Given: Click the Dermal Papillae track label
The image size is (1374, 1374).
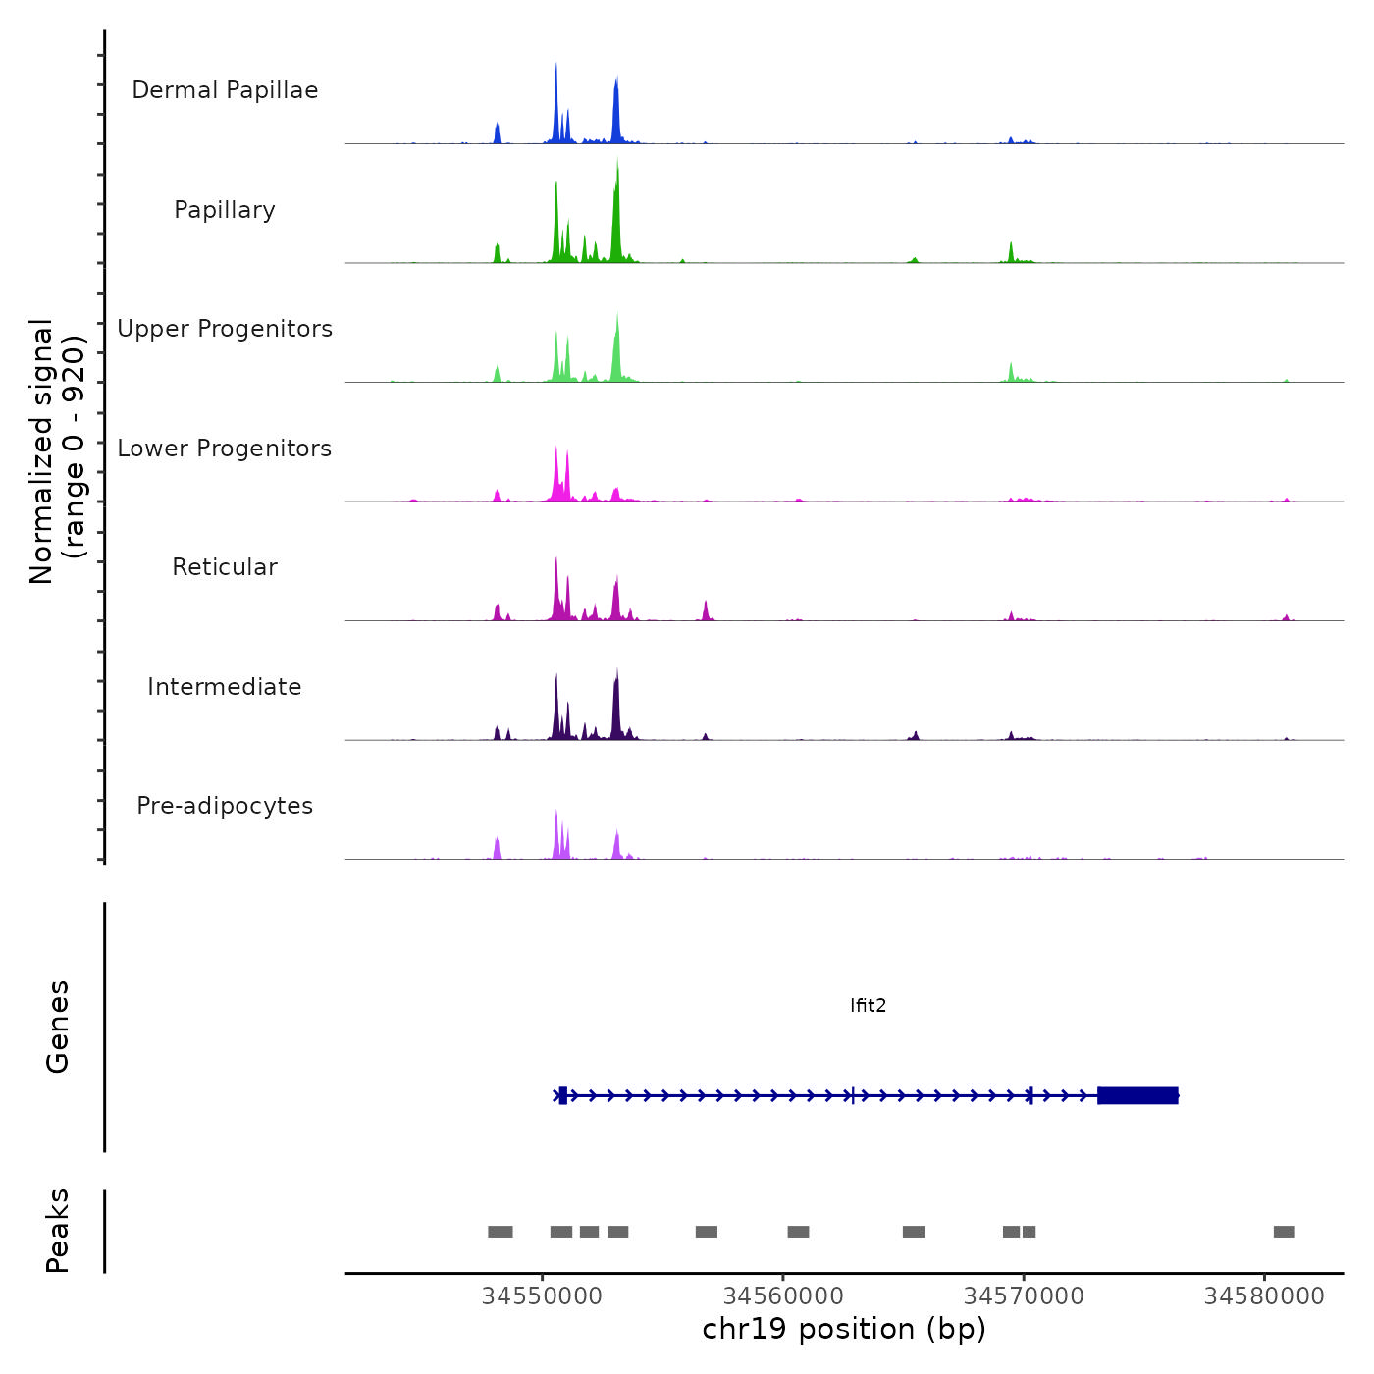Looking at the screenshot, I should click(x=225, y=90).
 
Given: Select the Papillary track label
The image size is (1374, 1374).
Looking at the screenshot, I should click(x=225, y=210).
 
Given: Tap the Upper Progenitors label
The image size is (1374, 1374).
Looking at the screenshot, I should click(x=225, y=329).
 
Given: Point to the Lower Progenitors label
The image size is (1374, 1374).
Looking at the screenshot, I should click(x=225, y=449).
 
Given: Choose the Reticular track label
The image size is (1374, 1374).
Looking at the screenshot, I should click(x=225, y=567).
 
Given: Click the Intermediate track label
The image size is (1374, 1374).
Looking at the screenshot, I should click(x=225, y=687).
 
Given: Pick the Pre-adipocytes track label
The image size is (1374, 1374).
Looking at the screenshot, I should click(x=225, y=806).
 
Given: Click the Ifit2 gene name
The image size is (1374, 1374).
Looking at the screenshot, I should click(x=868, y=1005).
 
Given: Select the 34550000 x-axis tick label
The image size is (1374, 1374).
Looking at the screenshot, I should click(x=542, y=1295).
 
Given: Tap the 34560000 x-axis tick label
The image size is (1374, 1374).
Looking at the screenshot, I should click(x=783, y=1295).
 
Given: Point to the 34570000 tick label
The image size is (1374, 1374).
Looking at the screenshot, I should click(x=1024, y=1295).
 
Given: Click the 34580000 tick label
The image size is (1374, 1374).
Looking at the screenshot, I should click(x=1264, y=1295).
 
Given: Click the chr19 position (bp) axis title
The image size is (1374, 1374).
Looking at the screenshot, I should click(x=844, y=1329).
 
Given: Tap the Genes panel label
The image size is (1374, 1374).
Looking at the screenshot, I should click(x=58, y=1027).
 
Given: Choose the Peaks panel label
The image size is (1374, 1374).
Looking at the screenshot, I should click(x=58, y=1231).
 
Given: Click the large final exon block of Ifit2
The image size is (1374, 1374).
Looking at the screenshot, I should click(x=1137, y=1095).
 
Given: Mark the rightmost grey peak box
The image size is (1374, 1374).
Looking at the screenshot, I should click(x=1284, y=1232).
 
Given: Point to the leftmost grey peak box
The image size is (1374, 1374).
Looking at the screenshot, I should click(x=501, y=1232).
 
